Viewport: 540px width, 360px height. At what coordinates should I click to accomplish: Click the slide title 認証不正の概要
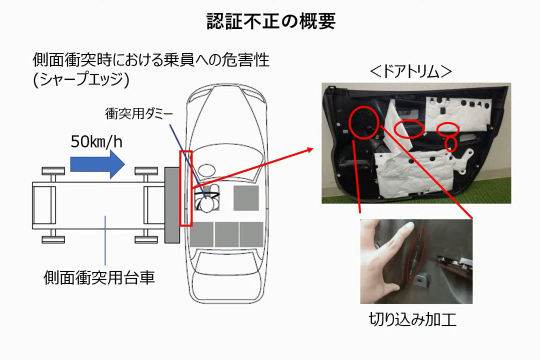click(x=270, y=21)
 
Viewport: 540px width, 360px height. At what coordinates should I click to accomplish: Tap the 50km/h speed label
click(x=96, y=141)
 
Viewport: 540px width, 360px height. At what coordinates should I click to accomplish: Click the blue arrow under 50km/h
click(x=97, y=164)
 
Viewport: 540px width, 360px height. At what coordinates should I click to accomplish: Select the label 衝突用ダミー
click(x=139, y=113)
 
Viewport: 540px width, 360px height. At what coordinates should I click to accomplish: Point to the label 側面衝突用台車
click(x=99, y=277)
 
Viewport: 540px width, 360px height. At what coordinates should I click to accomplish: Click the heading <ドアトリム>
click(x=410, y=71)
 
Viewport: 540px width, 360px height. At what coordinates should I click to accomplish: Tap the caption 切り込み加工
click(x=412, y=319)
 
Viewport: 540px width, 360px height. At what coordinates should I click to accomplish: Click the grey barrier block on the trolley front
click(x=172, y=205)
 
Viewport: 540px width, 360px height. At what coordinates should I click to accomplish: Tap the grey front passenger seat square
click(x=246, y=198)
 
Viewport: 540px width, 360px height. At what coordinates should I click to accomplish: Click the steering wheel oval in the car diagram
click(x=206, y=170)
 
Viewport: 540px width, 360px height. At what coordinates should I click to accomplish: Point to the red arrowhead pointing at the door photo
click(x=309, y=150)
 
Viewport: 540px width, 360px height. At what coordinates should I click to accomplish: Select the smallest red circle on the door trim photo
click(x=451, y=143)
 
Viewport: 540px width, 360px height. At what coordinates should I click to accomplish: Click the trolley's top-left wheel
click(x=53, y=171)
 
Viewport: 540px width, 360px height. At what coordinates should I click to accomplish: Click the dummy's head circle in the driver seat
click(x=207, y=205)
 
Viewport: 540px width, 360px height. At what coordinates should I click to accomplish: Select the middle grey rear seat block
click(x=226, y=234)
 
